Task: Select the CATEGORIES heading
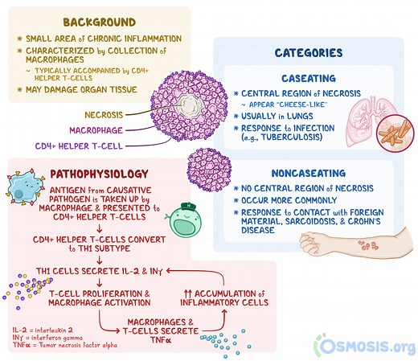[309, 53]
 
